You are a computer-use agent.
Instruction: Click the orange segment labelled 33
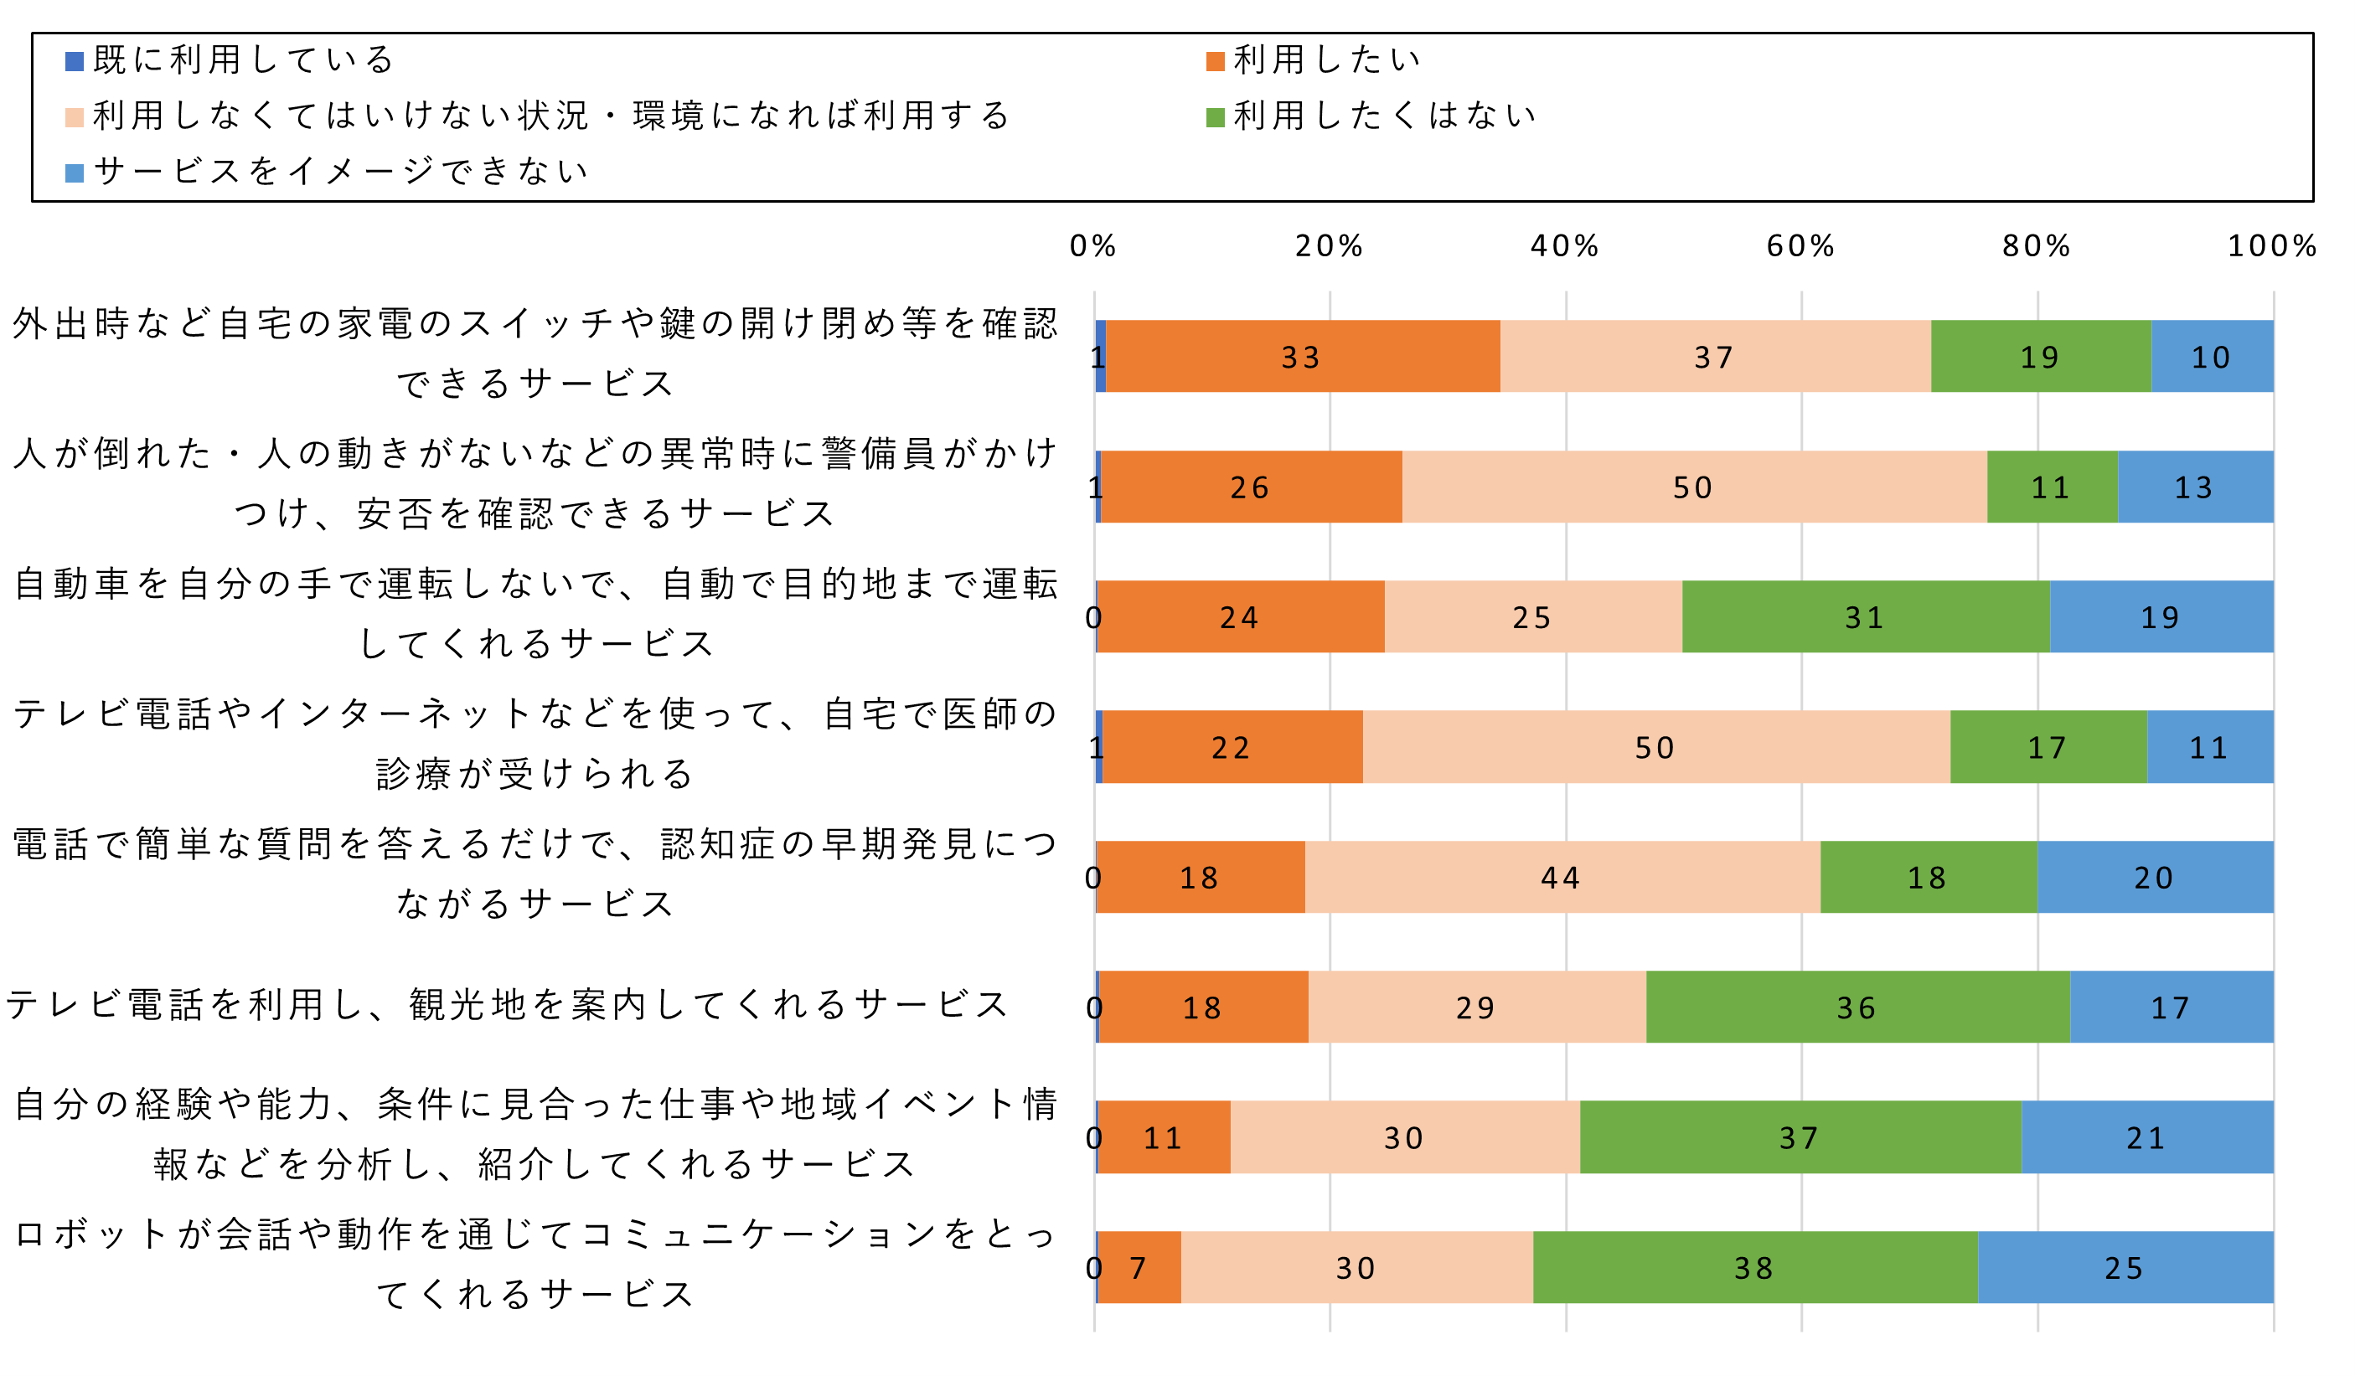coord(1303,356)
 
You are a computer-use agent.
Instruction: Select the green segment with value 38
coord(1755,1266)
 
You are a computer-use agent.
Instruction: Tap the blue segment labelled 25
coord(2125,1266)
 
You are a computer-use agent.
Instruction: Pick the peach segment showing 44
coord(1562,876)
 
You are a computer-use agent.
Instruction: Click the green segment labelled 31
coord(1865,616)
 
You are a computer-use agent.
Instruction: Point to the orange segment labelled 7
coord(1139,1266)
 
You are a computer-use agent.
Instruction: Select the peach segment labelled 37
coord(1715,356)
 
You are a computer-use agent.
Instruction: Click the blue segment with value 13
coord(2194,487)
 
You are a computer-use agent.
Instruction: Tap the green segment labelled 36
coord(1857,1006)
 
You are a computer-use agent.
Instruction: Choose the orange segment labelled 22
coord(1232,746)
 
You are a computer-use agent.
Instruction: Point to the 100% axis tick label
coord(2272,245)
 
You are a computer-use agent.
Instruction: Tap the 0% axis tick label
coord(1093,245)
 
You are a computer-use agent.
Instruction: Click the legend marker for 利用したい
coord(1215,62)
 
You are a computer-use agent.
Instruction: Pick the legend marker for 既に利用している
coord(75,62)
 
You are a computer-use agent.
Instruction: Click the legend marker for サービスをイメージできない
coord(75,173)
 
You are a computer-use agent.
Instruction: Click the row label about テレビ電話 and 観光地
coord(507,1005)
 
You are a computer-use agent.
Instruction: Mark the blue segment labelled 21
coord(2146,1136)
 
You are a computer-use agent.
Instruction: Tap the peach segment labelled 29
coord(1476,1006)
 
